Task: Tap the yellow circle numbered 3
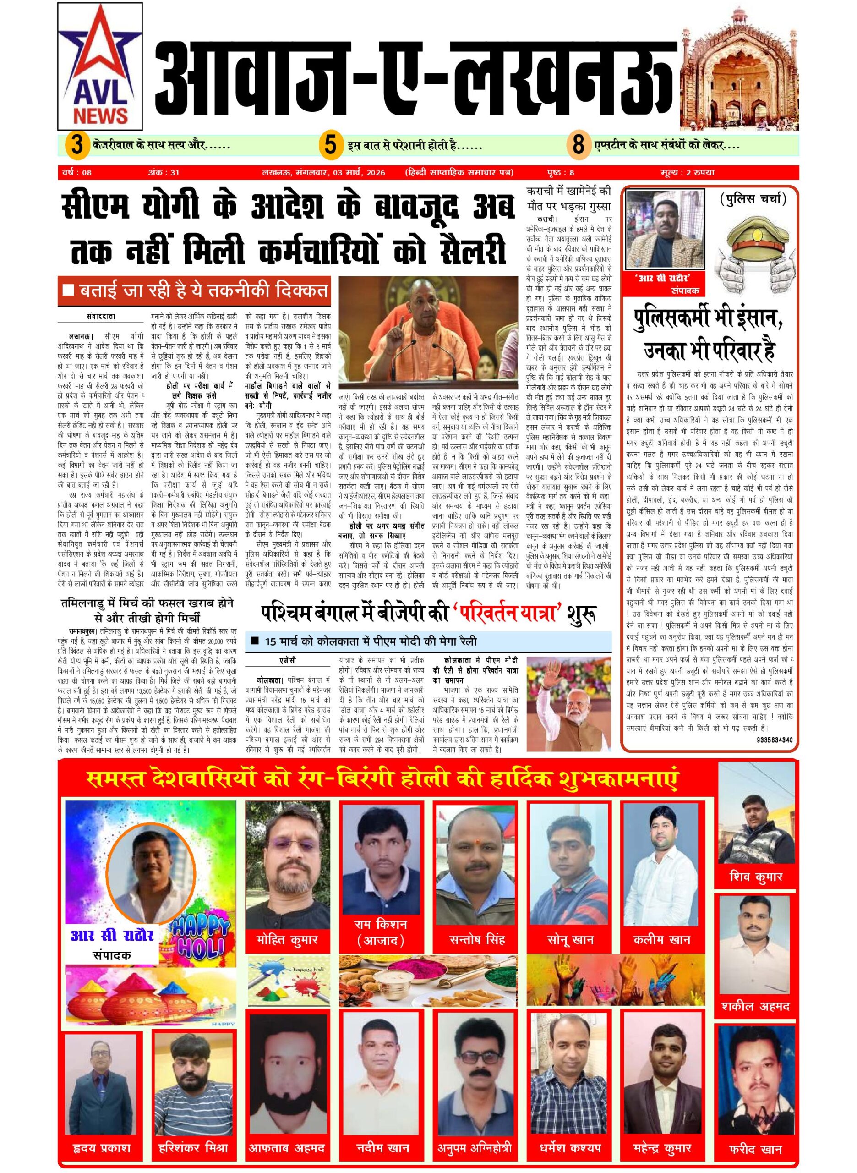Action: (x=77, y=144)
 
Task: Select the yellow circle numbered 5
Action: (x=330, y=144)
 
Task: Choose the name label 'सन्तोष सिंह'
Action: (x=477, y=939)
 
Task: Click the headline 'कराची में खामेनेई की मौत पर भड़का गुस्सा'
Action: (x=568, y=198)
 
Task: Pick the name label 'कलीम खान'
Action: (x=662, y=939)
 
